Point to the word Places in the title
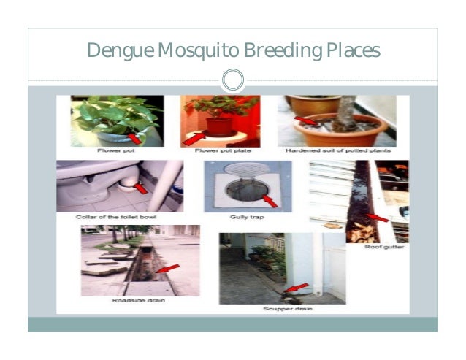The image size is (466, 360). (x=349, y=52)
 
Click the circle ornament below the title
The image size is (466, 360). (x=232, y=80)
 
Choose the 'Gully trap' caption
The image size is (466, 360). (x=247, y=217)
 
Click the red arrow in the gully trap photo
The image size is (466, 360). (x=270, y=199)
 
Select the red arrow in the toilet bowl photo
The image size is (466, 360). (x=141, y=188)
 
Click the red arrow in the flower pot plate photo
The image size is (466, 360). (x=192, y=138)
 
